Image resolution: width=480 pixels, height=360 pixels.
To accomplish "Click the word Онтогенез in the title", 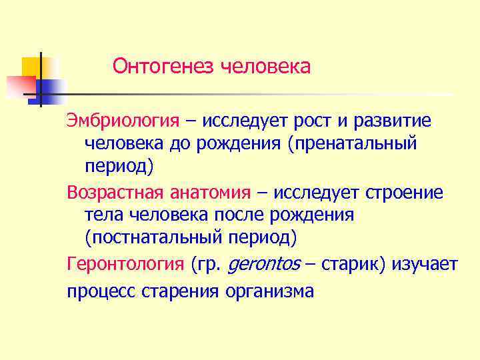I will (163, 67).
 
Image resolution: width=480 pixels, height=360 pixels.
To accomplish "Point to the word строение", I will (403, 193).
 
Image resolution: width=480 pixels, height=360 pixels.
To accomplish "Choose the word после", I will (244, 215).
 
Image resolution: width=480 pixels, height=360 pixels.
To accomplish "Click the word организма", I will (270, 291).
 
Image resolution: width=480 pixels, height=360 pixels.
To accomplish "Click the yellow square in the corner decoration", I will (33, 67).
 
